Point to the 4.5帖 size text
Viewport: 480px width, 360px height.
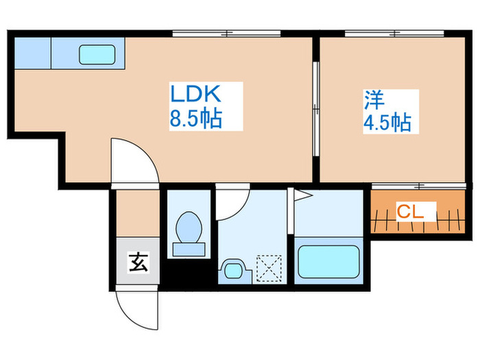pos(387,123)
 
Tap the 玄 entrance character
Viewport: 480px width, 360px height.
pos(137,263)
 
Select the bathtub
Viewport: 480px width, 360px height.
pos(330,261)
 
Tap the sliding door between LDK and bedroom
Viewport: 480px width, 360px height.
pos(316,110)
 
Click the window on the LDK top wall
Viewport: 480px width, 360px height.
pos(227,32)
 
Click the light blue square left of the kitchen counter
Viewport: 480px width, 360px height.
pos(32,53)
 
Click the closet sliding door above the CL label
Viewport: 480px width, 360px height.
pos(419,186)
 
